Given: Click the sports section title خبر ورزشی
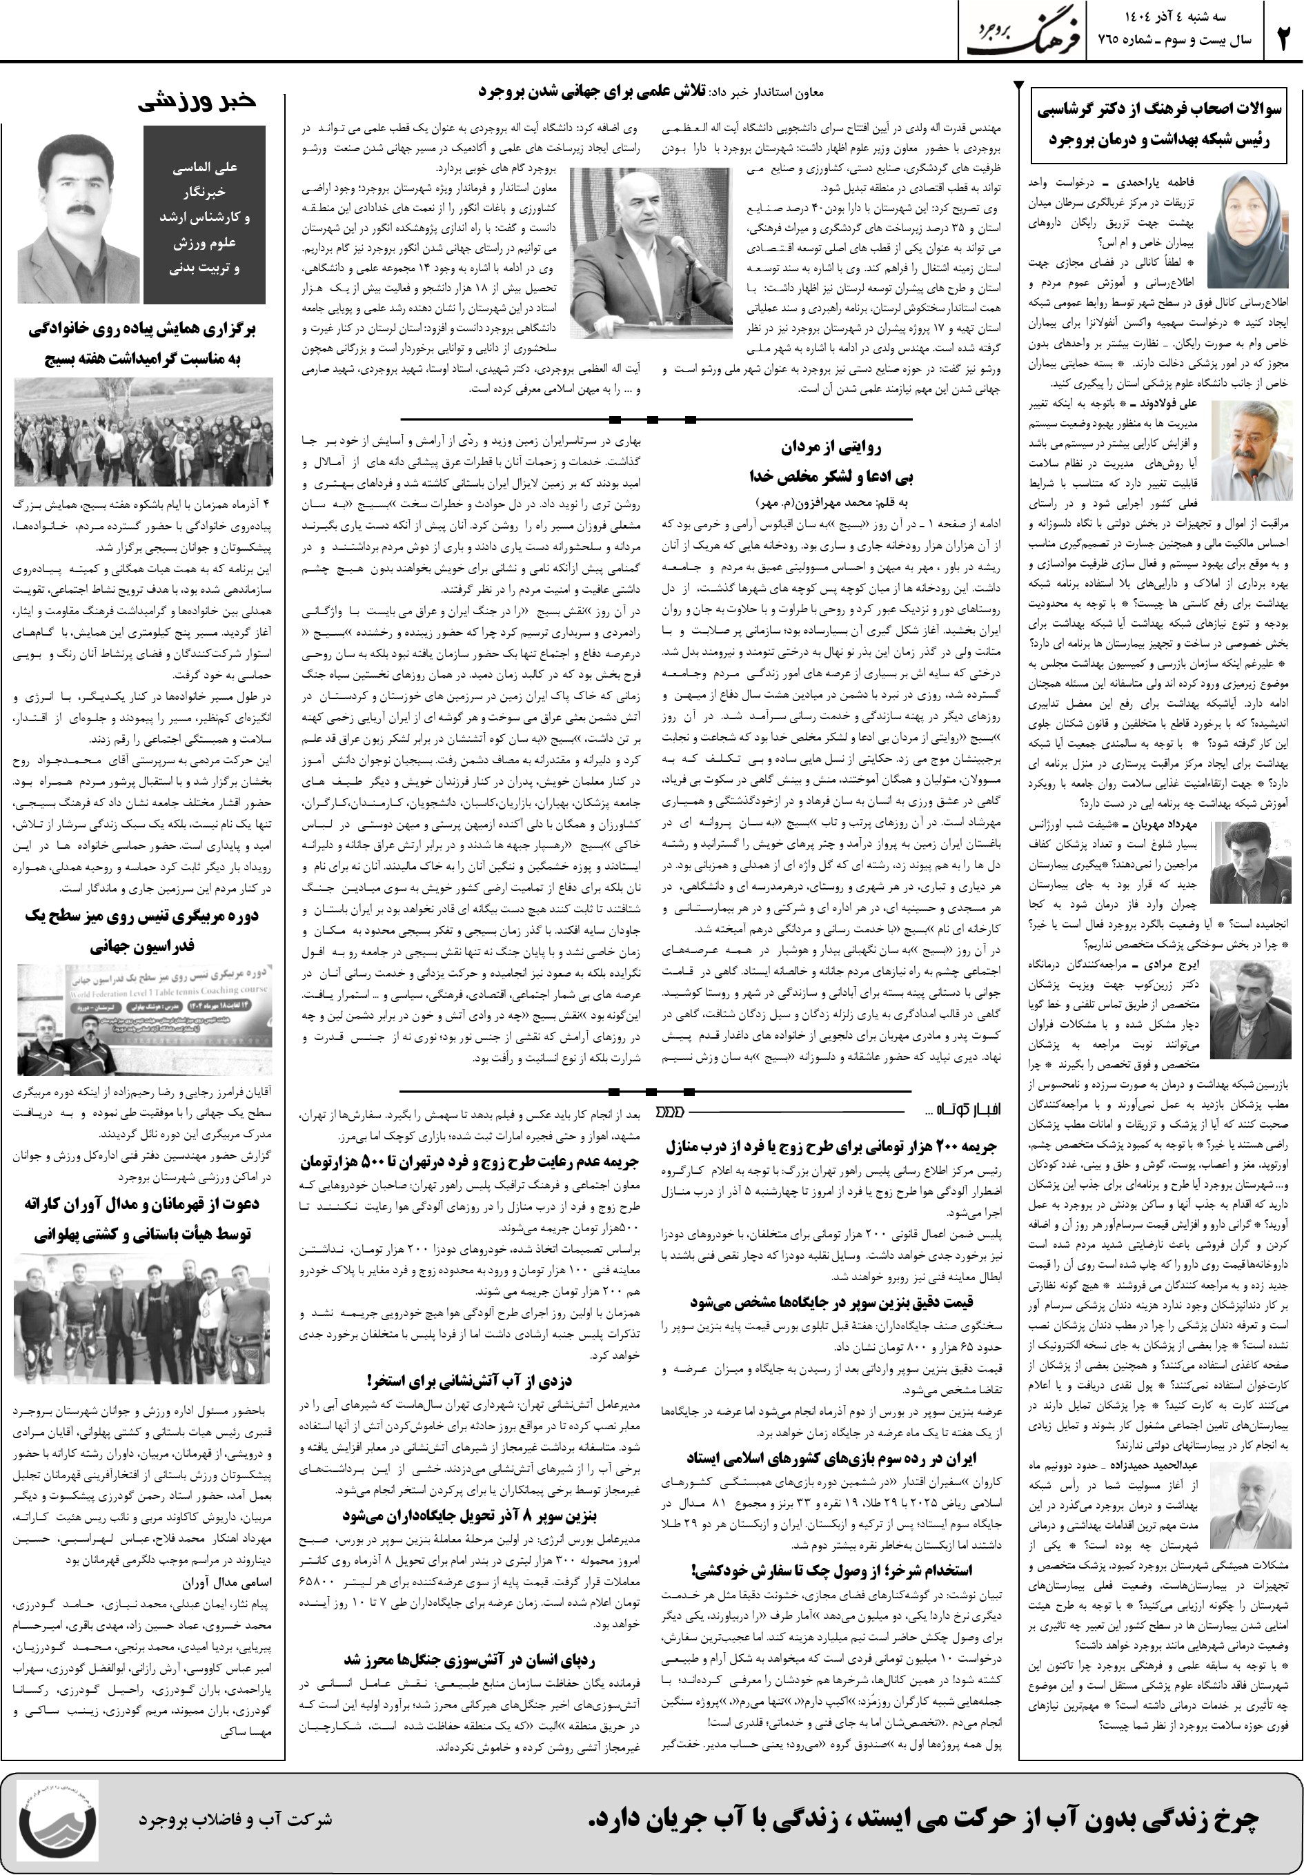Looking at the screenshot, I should click(196, 101).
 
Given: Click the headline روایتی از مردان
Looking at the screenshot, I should click(831, 446).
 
